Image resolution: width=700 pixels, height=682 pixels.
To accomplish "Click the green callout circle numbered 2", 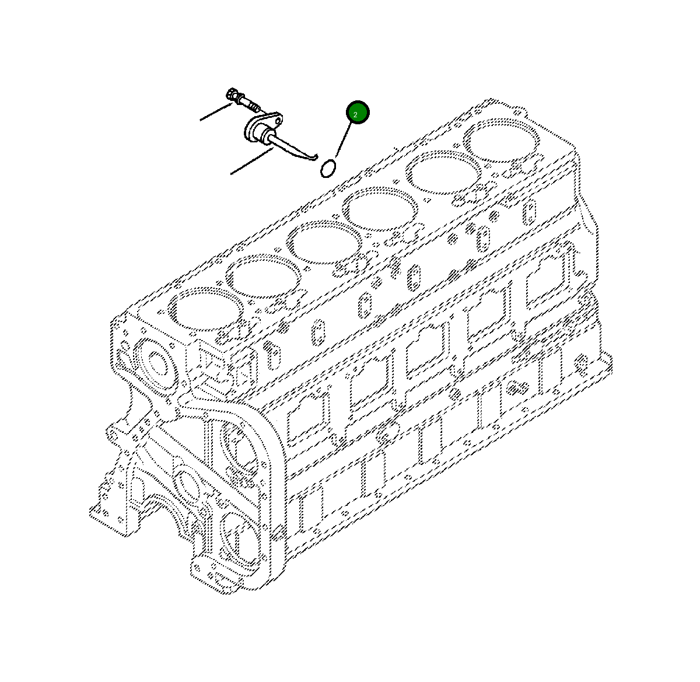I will pyautogui.click(x=358, y=113).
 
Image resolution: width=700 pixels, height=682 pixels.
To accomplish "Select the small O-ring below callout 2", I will pyautogui.click(x=328, y=169).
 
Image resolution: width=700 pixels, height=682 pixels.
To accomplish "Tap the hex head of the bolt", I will pyautogui.click(x=232, y=95).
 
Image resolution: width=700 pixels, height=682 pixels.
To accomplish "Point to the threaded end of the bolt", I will pyautogui.click(x=254, y=107).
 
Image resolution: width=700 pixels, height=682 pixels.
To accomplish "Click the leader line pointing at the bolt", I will pyautogui.click(x=216, y=113).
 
